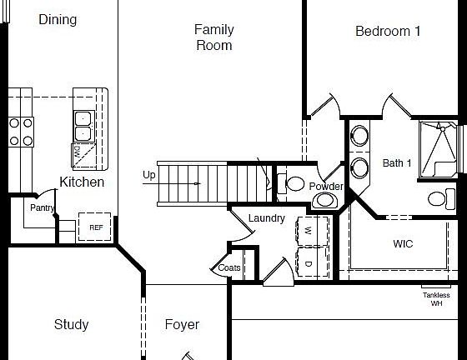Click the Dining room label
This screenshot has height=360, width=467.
(x=58, y=19)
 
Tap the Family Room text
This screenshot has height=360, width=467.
(x=214, y=37)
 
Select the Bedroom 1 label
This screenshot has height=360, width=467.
(x=388, y=32)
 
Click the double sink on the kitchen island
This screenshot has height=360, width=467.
(x=83, y=126)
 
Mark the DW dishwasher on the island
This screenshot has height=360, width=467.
(x=79, y=152)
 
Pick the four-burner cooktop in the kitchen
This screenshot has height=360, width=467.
(x=21, y=132)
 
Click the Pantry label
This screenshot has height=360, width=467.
(x=42, y=207)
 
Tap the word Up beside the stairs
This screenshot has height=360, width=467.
(x=149, y=175)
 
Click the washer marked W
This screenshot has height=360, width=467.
(x=307, y=230)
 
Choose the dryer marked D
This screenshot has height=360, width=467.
(x=307, y=264)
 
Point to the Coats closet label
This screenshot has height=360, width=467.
(x=229, y=268)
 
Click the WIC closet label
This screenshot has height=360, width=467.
(x=403, y=244)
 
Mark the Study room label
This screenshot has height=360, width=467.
(x=71, y=324)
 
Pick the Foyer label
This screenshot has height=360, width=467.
(x=182, y=324)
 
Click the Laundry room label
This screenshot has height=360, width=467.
(x=267, y=218)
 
